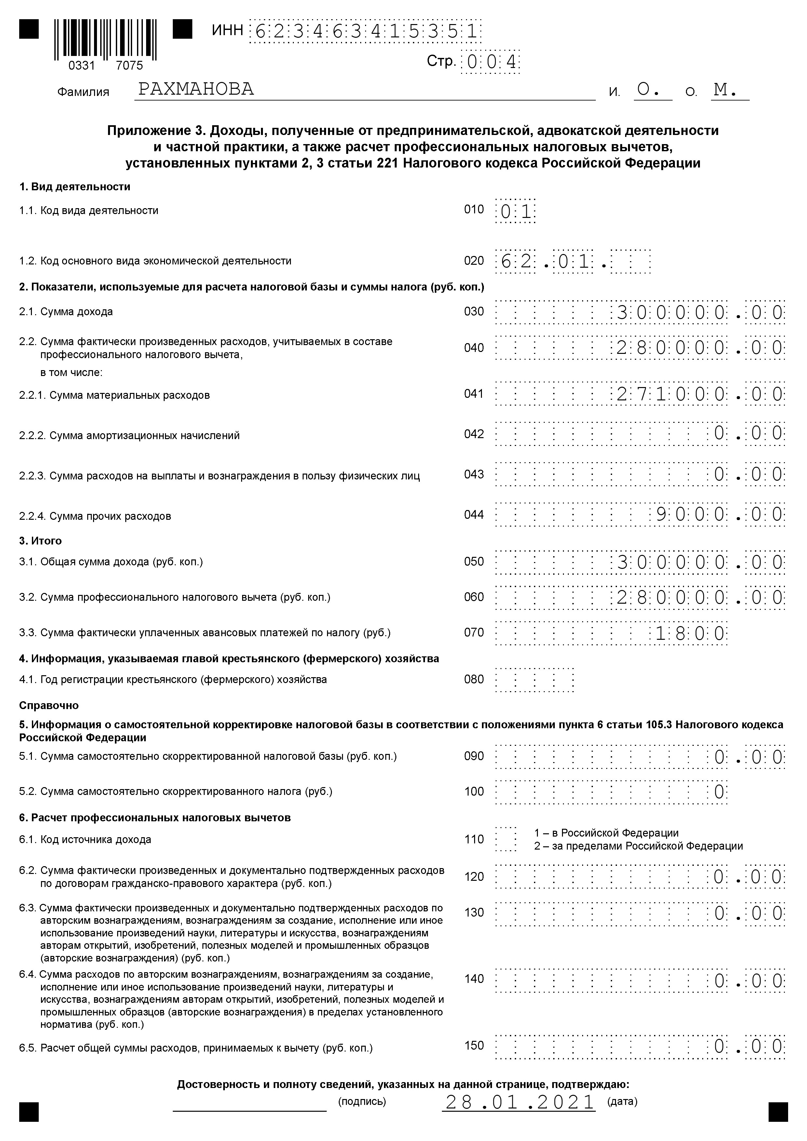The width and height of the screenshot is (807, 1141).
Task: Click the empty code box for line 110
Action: click(506, 839)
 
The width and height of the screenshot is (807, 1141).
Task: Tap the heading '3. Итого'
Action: click(40, 541)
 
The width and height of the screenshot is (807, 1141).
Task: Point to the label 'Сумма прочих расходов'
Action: click(110, 516)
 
